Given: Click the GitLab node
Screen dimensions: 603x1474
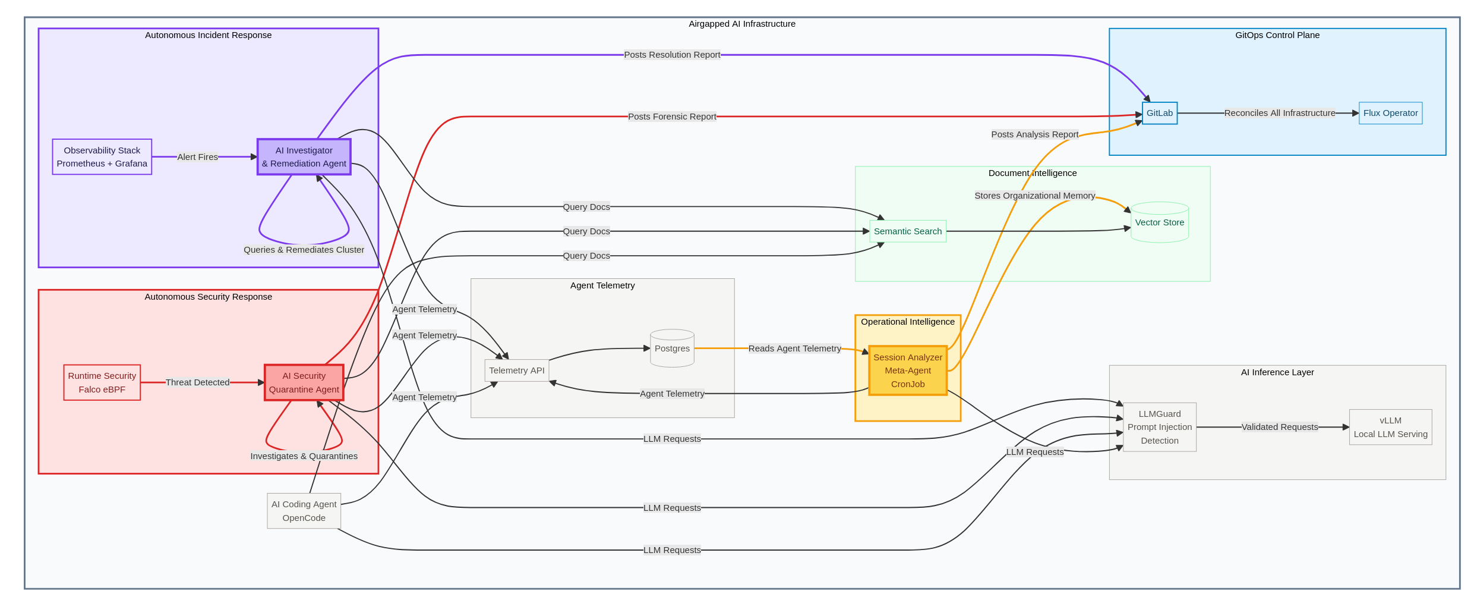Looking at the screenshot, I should pos(1159,113).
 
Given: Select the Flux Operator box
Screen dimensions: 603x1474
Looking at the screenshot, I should pos(1390,113).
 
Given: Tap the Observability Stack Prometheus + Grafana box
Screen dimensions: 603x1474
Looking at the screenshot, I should pos(102,157).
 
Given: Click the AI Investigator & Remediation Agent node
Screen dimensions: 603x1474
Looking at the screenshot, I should pos(304,157).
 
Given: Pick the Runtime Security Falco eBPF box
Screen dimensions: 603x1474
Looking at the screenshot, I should pos(102,382).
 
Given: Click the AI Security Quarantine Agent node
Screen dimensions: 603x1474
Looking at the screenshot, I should pos(304,382).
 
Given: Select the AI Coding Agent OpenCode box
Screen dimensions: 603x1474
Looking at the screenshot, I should pos(304,511).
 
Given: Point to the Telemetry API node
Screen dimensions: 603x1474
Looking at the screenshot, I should pos(516,370).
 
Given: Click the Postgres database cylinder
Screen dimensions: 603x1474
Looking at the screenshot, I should pos(672,348).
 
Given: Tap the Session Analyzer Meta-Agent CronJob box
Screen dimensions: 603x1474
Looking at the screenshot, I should pos(907,370).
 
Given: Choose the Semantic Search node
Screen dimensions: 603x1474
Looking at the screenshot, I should pos(907,231).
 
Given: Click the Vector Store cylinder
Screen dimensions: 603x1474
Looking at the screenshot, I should pos(1159,223).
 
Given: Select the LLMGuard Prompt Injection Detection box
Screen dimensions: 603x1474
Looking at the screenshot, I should pos(1159,427).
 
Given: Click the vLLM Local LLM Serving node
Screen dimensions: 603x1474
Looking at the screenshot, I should pos(1390,427).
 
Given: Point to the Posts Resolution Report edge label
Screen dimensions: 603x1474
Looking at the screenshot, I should pos(671,55).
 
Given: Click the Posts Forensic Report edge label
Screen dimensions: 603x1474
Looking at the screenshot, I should pos(671,117).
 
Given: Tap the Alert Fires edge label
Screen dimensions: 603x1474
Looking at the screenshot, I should pos(197,157).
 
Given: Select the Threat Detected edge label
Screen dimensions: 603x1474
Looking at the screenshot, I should pos(197,382).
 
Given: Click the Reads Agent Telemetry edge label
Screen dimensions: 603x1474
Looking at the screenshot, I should pos(794,348).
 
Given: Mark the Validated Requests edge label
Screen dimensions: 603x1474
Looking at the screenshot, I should pos(1279,427).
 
